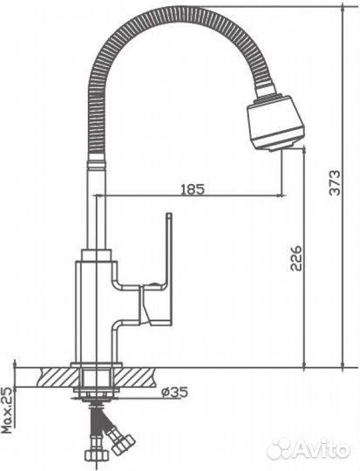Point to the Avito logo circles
(x=282, y=448)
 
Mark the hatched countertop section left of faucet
(x=53, y=377)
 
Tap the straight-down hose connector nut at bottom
(x=93, y=453)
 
